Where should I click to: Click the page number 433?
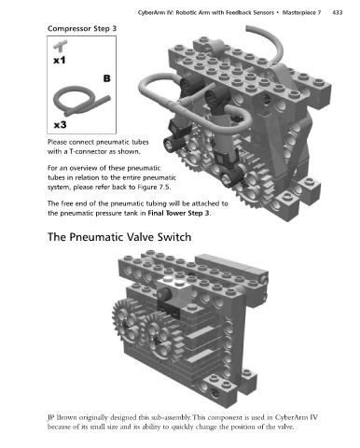[338, 12]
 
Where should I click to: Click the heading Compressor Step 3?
[82, 29]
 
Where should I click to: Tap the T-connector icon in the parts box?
[60, 46]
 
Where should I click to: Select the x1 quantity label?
[60, 60]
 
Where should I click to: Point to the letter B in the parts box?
[106, 78]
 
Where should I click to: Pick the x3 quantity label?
[60, 125]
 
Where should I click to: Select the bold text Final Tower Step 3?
[178, 214]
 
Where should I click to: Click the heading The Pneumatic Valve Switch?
[119, 237]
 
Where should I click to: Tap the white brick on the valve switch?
[173, 288]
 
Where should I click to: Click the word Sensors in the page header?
[263, 13]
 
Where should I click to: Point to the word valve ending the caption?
[286, 427]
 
